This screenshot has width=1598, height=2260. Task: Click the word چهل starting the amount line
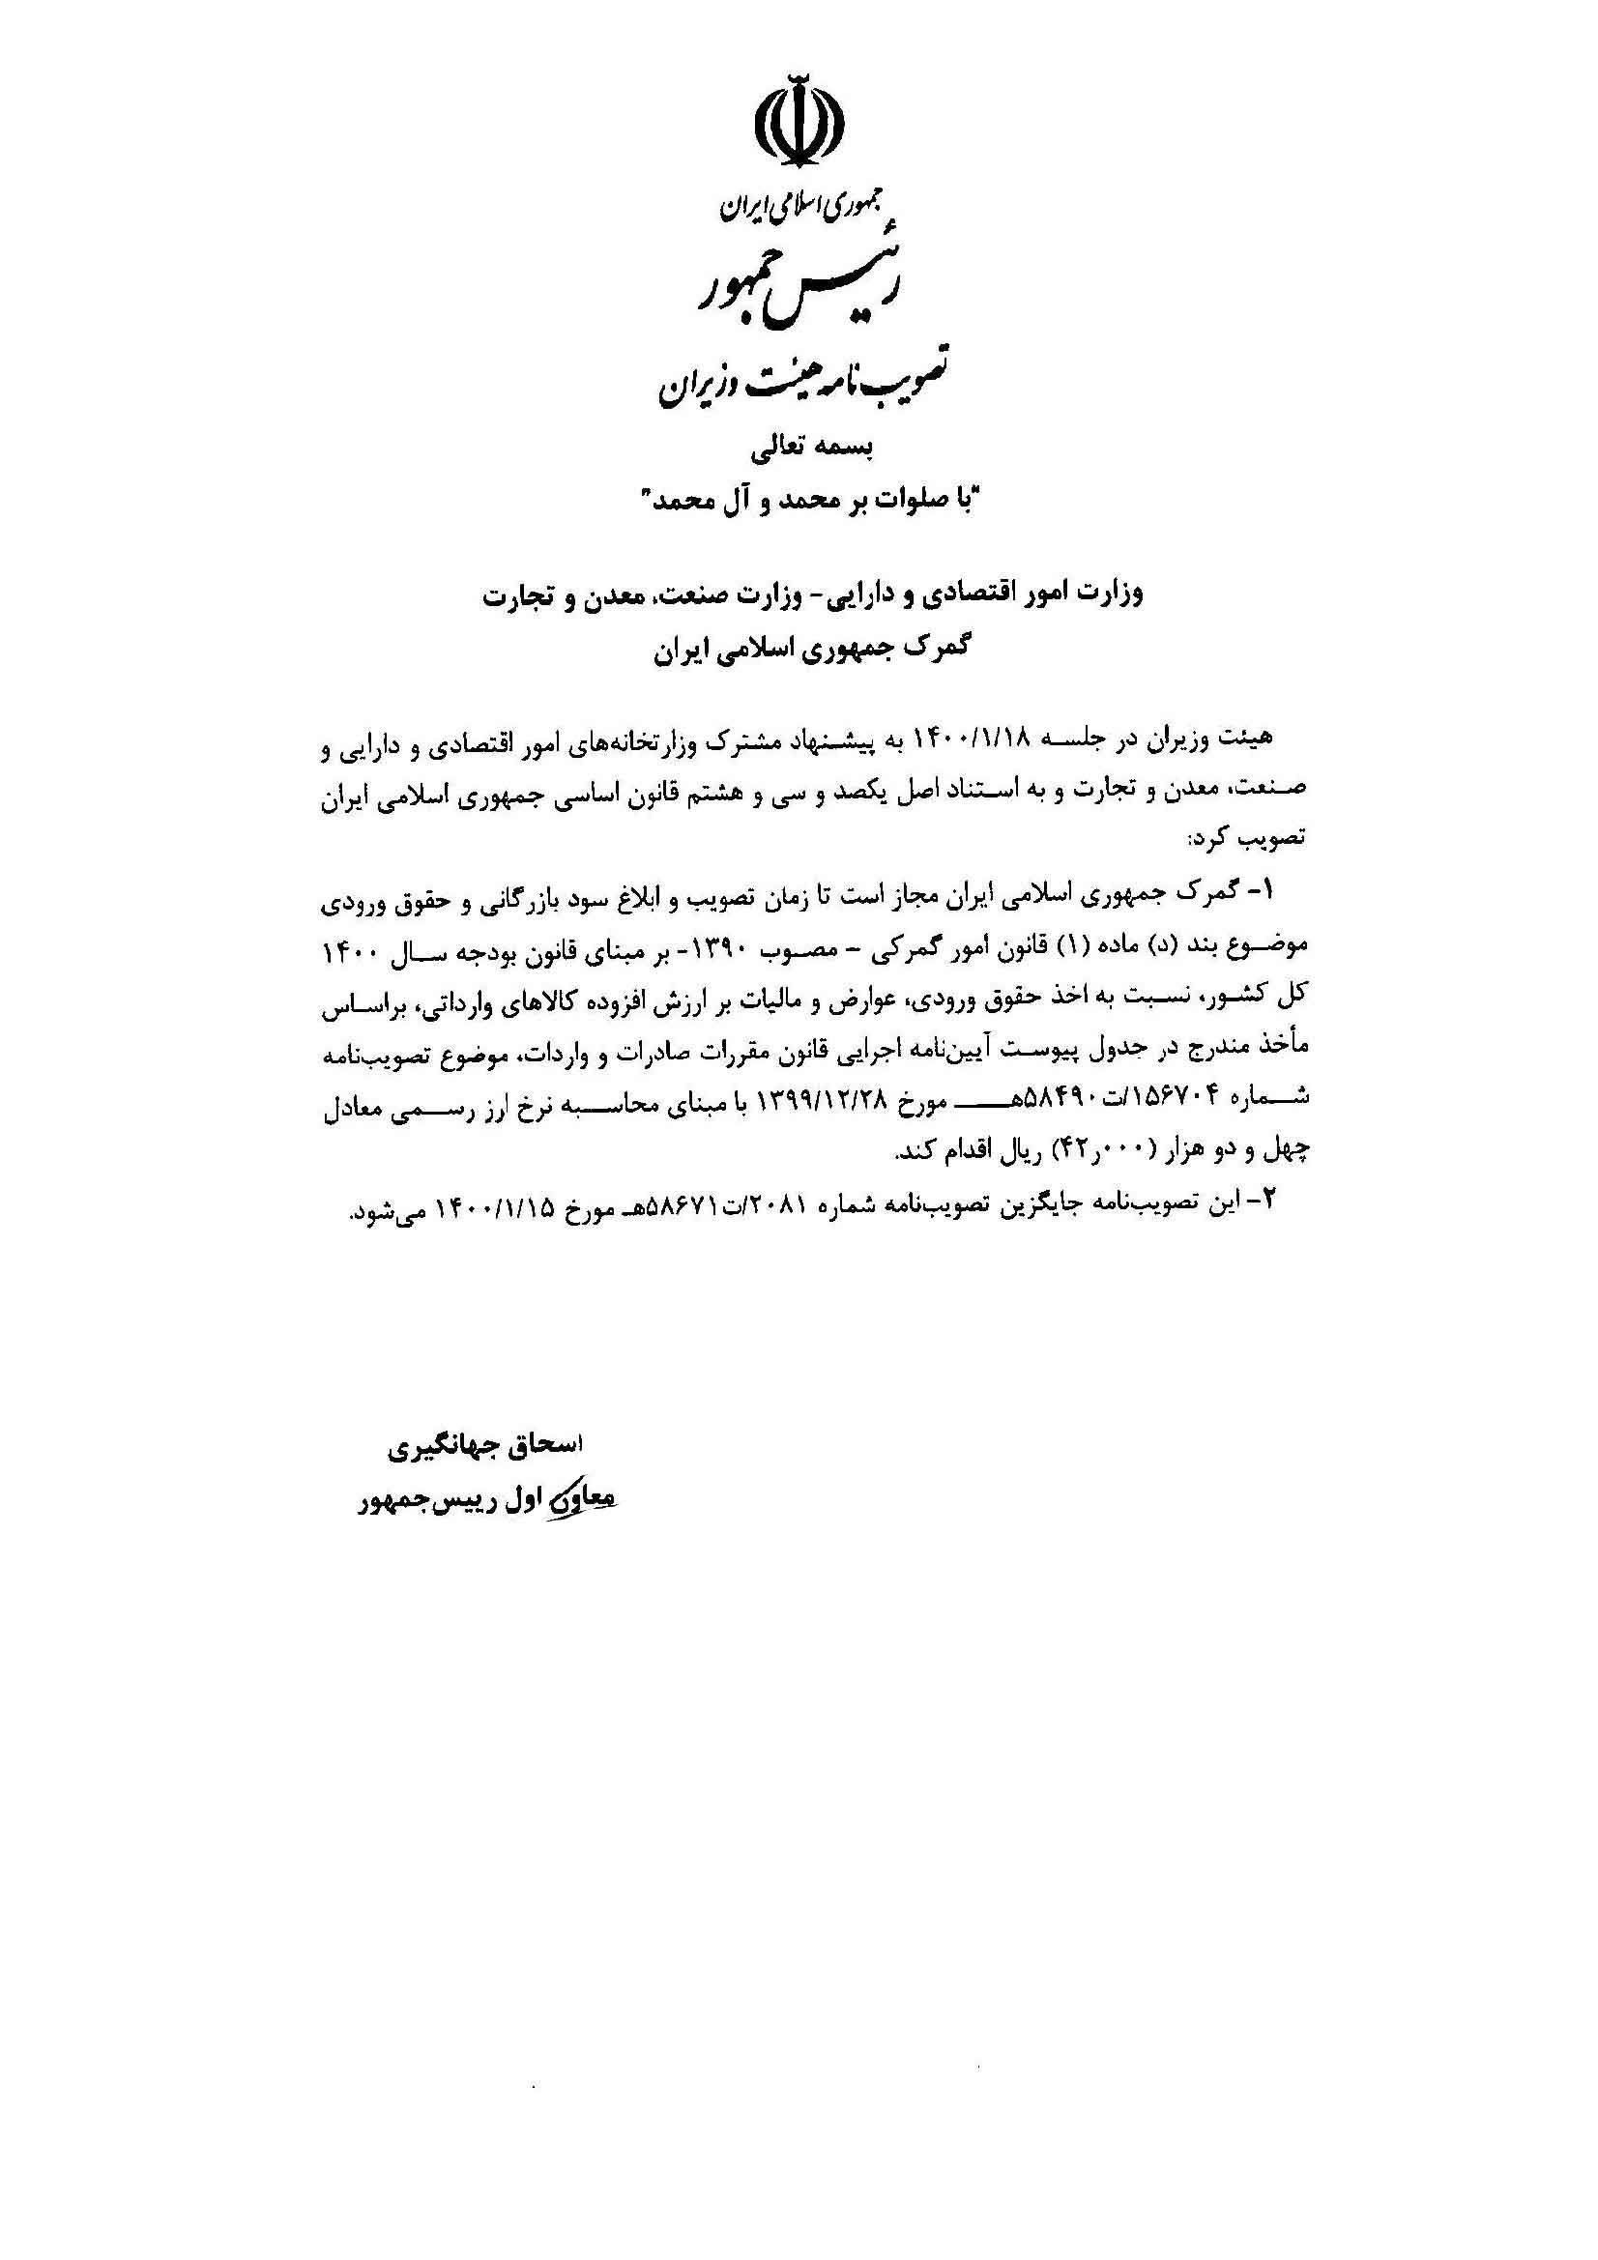point(1287,1148)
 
